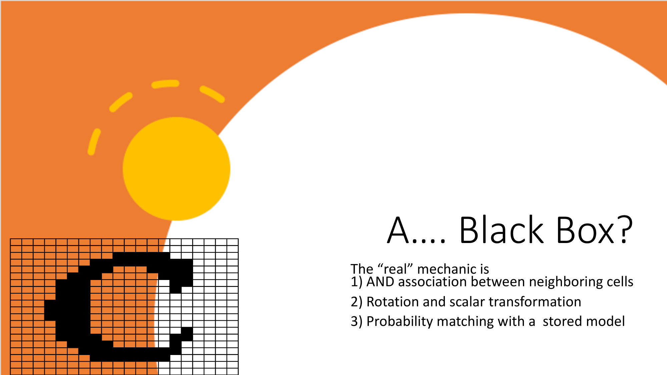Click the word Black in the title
502,230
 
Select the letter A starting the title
398,230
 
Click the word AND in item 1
380,282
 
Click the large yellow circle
176,169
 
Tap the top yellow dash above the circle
165,84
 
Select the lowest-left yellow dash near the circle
94,142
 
